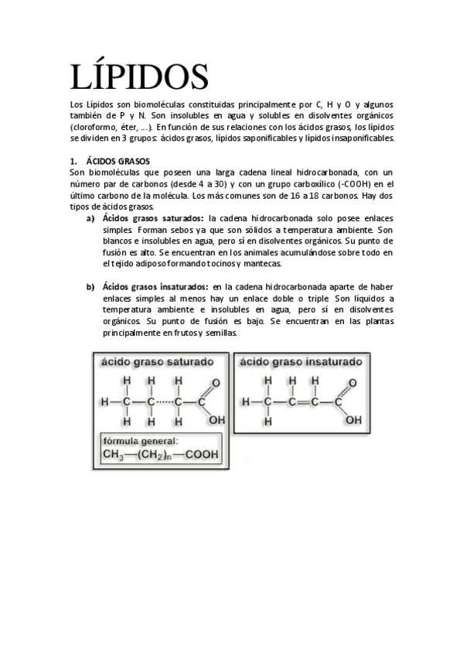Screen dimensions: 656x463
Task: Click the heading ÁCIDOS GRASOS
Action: pos(117,161)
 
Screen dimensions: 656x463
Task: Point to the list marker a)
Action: pos(90,219)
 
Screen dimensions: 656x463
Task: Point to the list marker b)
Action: pos(90,287)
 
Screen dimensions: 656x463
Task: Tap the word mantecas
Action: pos(260,264)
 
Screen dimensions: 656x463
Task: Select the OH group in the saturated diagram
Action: pos(217,420)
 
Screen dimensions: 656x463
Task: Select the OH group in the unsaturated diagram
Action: pos(353,420)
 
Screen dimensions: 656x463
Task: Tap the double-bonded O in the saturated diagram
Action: pos(216,383)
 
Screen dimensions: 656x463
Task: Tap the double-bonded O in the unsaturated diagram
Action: pos(352,383)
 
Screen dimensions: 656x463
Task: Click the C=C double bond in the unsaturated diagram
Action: pos(304,402)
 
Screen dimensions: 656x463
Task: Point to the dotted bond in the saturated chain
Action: pos(165,402)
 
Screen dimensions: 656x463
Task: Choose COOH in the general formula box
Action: pos(201,455)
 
